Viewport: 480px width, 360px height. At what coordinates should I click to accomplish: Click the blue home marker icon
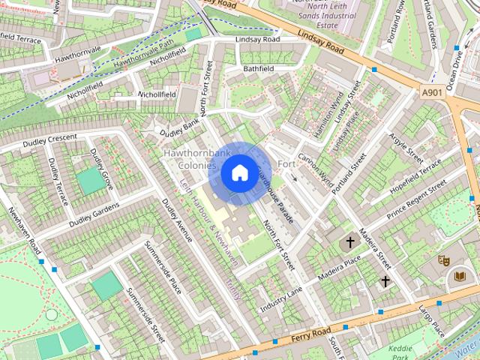click(x=239, y=173)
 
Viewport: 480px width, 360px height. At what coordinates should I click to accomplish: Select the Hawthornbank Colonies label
click(x=190, y=159)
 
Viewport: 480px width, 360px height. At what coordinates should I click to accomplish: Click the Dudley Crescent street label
click(x=49, y=139)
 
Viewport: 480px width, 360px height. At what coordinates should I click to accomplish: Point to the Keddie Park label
click(x=405, y=353)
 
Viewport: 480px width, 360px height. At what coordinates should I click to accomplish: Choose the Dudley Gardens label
click(x=94, y=215)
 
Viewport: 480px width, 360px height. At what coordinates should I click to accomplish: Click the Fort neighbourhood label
click(x=286, y=164)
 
